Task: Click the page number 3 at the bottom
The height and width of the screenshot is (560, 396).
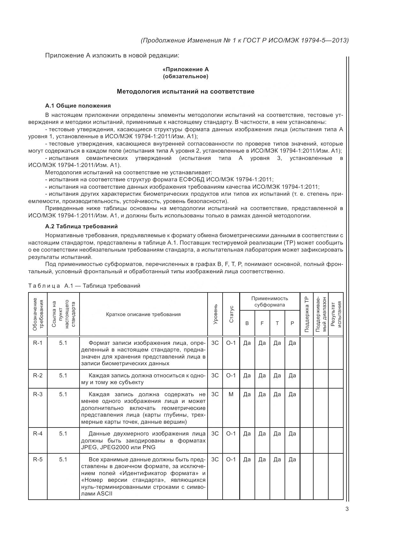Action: coord(347,509)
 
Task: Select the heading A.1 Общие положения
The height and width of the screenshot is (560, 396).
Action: coord(78,106)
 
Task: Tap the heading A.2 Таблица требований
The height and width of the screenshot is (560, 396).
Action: coord(81,226)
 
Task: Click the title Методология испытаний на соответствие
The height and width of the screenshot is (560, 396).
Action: coord(185,92)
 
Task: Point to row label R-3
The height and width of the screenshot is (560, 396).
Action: coord(38,394)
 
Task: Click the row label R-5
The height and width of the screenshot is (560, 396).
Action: coord(38,459)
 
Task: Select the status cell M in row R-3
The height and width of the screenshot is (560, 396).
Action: coord(231,394)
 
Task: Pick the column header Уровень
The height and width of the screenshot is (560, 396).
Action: coord(215,314)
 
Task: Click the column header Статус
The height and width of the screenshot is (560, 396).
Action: coord(231,314)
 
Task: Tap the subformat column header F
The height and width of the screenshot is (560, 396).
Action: coord(262,323)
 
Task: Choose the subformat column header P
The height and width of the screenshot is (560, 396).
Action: coord(292,323)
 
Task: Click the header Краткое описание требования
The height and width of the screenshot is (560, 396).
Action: coord(143,314)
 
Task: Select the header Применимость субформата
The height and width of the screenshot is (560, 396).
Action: coord(270,301)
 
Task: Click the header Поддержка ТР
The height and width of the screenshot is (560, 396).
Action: coord(307,314)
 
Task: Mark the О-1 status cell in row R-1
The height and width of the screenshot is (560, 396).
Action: coord(231,343)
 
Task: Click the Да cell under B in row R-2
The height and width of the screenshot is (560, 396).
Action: coord(247,375)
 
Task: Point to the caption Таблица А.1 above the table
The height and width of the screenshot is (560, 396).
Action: coord(84,285)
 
